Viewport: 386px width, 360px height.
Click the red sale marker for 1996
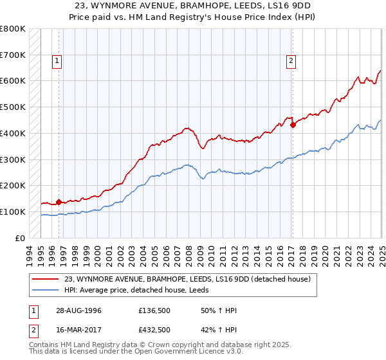click(59, 202)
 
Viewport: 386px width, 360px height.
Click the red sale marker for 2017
click(293, 125)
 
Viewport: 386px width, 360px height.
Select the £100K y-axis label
click(13, 212)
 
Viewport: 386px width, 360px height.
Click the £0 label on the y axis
click(21, 238)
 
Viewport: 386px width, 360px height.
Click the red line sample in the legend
click(46, 279)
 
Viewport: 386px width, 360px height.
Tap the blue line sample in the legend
click(46, 290)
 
